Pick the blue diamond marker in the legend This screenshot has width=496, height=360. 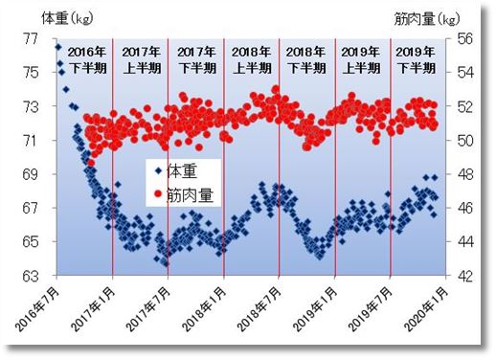click(157, 172)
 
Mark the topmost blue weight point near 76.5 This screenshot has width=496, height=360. click(58, 47)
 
